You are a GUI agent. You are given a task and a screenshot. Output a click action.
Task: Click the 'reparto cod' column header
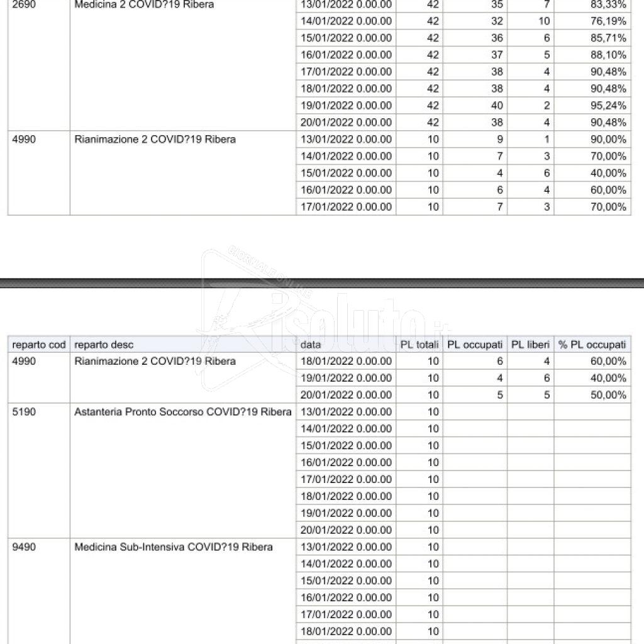(39, 345)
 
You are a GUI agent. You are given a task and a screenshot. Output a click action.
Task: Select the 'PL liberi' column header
(530, 345)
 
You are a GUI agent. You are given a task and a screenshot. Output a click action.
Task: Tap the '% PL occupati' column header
(592, 345)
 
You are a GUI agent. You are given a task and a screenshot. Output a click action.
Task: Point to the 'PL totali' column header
(419, 345)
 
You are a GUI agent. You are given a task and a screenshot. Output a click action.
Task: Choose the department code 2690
(25, 4)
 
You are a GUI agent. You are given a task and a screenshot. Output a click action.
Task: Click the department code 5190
(25, 412)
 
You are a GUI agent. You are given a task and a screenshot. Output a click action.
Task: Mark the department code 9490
(25, 547)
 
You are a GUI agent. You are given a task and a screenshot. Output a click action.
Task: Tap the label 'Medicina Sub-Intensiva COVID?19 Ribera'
(174, 547)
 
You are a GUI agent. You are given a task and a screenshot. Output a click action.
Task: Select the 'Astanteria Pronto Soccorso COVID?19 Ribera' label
(183, 412)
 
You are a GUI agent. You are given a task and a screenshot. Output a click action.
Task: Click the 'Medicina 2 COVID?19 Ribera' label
(144, 4)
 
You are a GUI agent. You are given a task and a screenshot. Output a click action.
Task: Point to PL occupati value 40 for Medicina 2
(497, 106)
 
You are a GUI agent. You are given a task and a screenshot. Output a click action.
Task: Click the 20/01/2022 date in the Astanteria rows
(346, 530)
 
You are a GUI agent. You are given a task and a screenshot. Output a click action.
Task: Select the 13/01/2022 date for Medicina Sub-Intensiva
(346, 547)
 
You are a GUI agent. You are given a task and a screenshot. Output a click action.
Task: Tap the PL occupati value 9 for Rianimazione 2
(499, 140)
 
